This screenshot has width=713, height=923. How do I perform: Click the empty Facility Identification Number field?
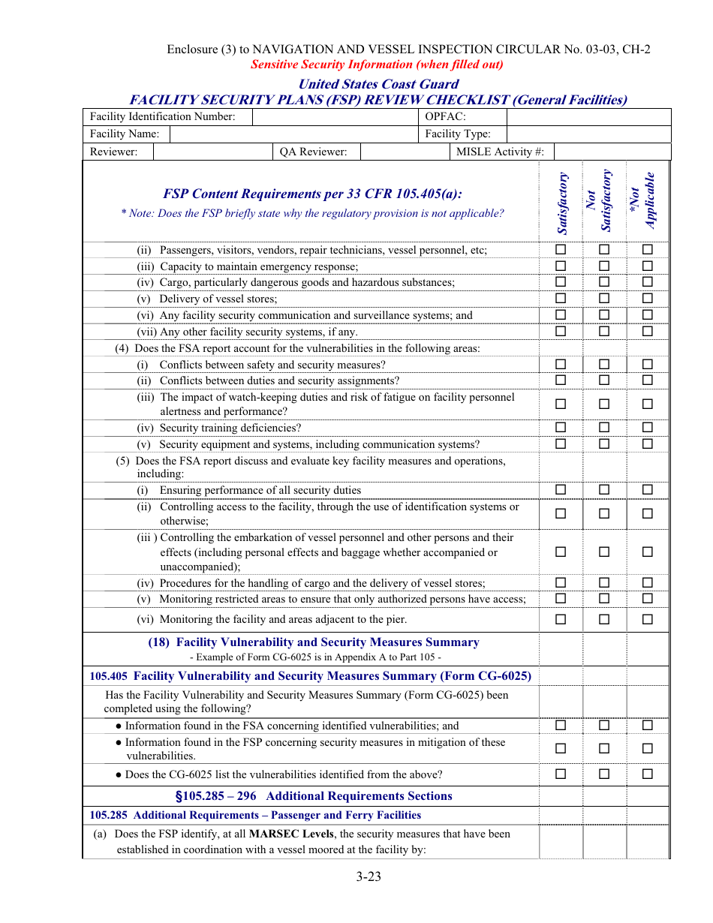click(335, 117)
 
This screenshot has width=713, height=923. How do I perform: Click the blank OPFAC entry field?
click(588, 117)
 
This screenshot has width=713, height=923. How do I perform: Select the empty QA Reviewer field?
click(403, 152)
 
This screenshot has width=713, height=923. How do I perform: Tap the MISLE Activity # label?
click(500, 152)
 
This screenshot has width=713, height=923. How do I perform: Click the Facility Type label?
click(458, 134)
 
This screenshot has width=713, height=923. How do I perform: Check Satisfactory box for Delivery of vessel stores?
click(561, 299)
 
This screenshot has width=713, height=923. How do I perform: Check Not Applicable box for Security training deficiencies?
click(648, 428)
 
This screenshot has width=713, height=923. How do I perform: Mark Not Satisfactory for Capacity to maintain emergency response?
click(604, 266)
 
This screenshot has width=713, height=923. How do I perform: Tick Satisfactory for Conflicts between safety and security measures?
click(561, 364)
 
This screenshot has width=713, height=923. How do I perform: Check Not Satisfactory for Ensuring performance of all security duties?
click(604, 490)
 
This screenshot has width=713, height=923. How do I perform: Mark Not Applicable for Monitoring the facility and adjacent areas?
click(648, 619)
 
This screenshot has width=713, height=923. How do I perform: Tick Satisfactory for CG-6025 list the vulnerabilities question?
click(561, 774)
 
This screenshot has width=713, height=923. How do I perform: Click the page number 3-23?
click(369, 876)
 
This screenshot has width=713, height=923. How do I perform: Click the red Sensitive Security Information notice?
click(377, 65)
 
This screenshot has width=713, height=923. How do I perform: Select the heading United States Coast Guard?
click(378, 84)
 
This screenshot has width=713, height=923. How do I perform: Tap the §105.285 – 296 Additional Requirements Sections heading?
click(313, 796)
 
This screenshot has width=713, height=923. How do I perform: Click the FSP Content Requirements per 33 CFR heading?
click(312, 194)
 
